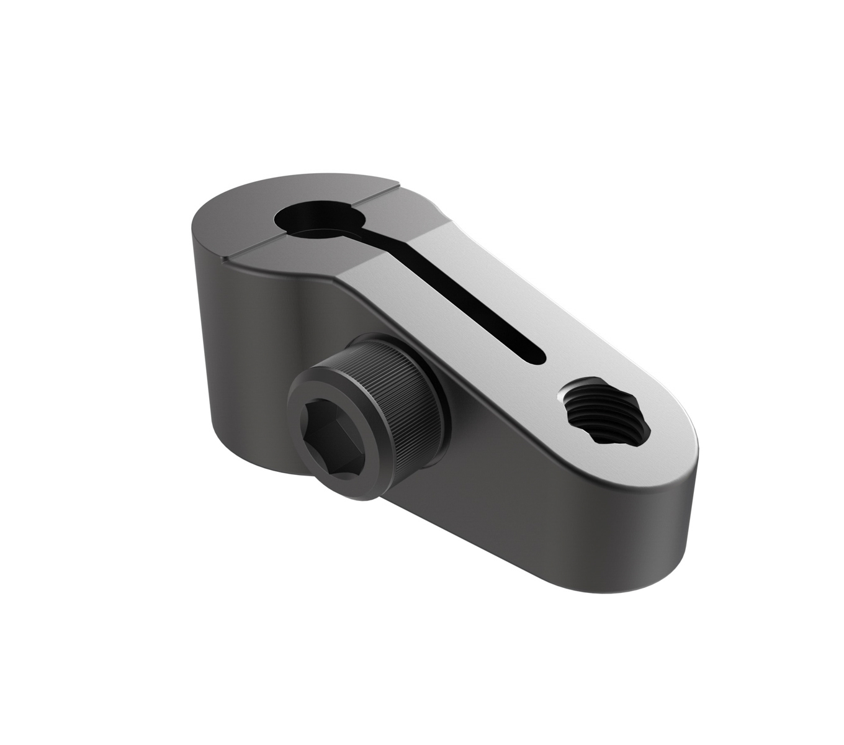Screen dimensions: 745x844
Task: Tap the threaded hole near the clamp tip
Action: point(604,412)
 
